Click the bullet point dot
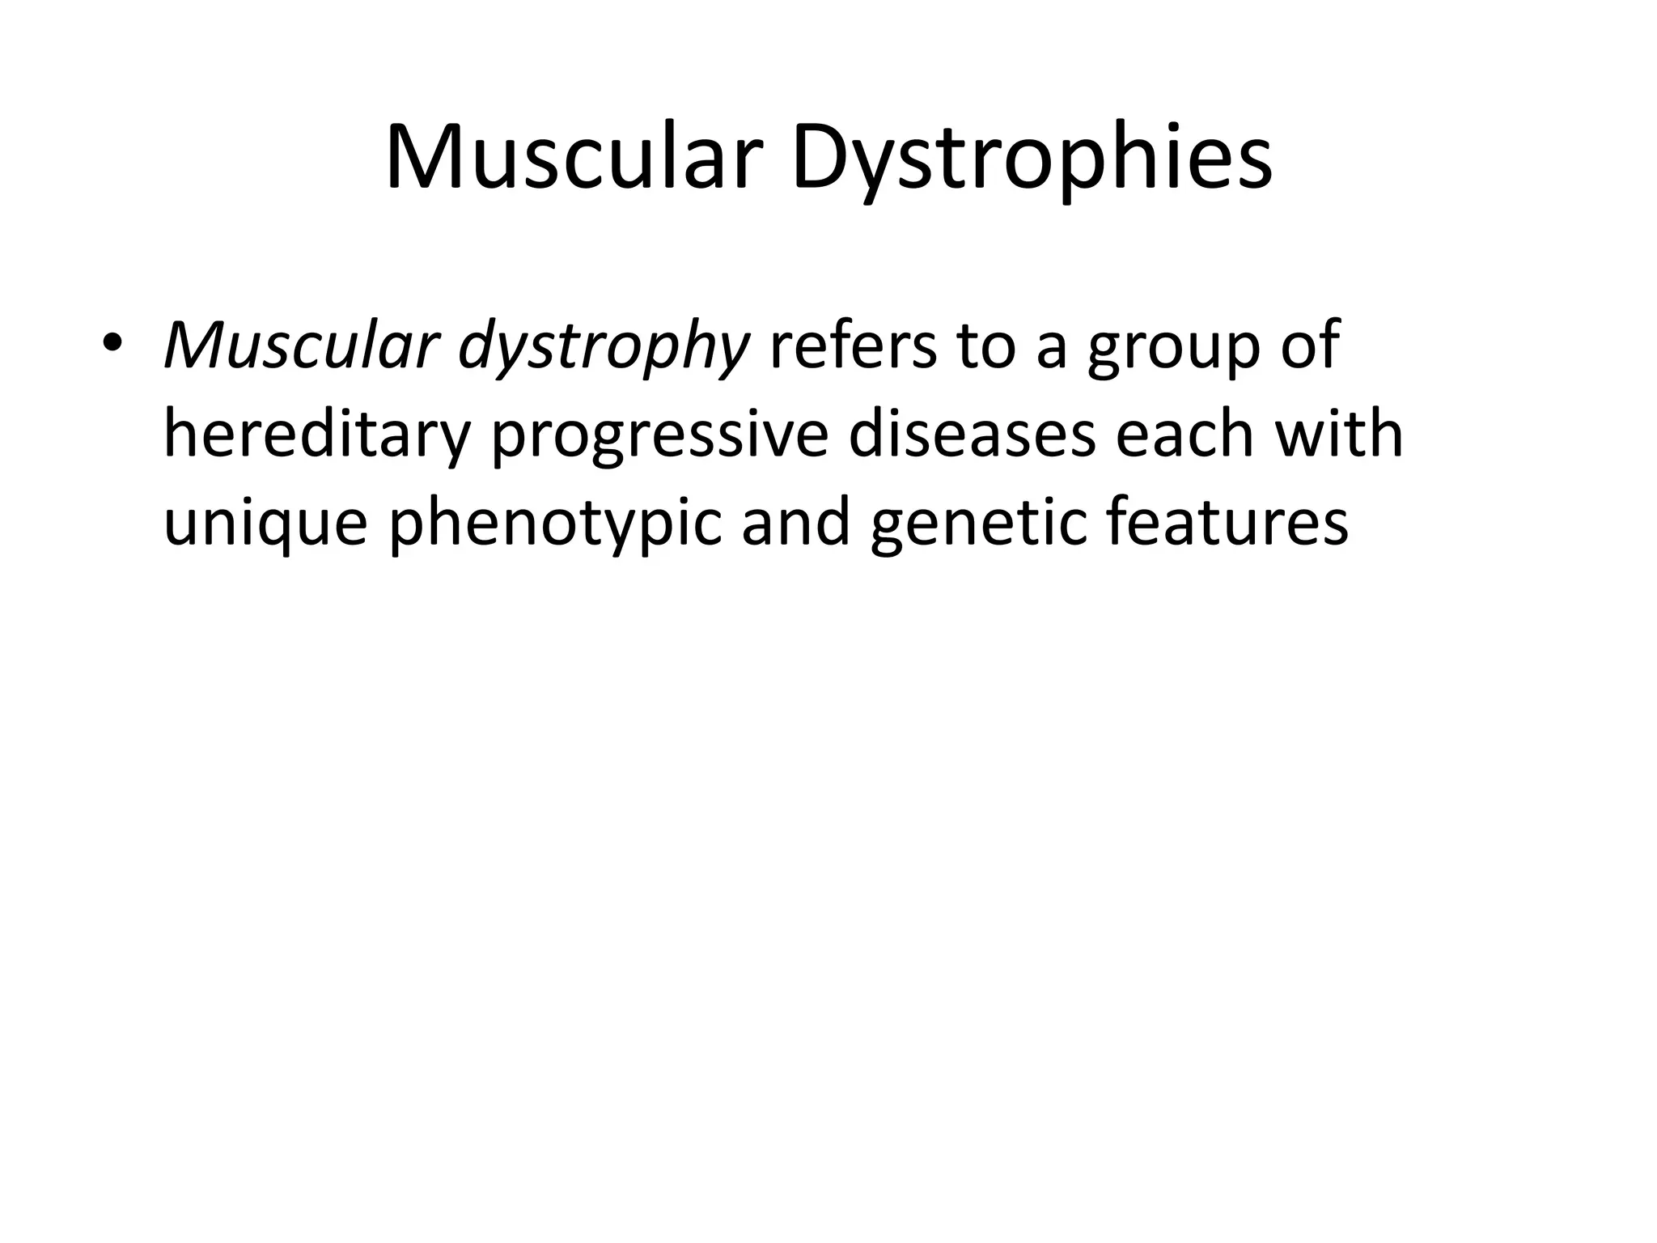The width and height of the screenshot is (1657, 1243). click(x=112, y=343)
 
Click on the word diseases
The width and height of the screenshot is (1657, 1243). click(x=971, y=434)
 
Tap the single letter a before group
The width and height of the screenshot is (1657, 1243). click(x=1052, y=350)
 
